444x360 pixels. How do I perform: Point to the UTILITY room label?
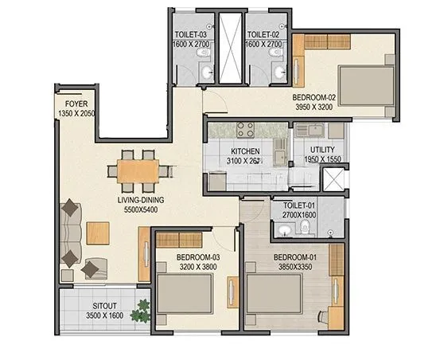[321, 150]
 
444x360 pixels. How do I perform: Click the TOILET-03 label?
[191, 35]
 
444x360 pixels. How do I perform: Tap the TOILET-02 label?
[263, 35]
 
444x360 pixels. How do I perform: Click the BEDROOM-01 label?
[295, 257]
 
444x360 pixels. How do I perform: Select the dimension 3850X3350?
[295, 268]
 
